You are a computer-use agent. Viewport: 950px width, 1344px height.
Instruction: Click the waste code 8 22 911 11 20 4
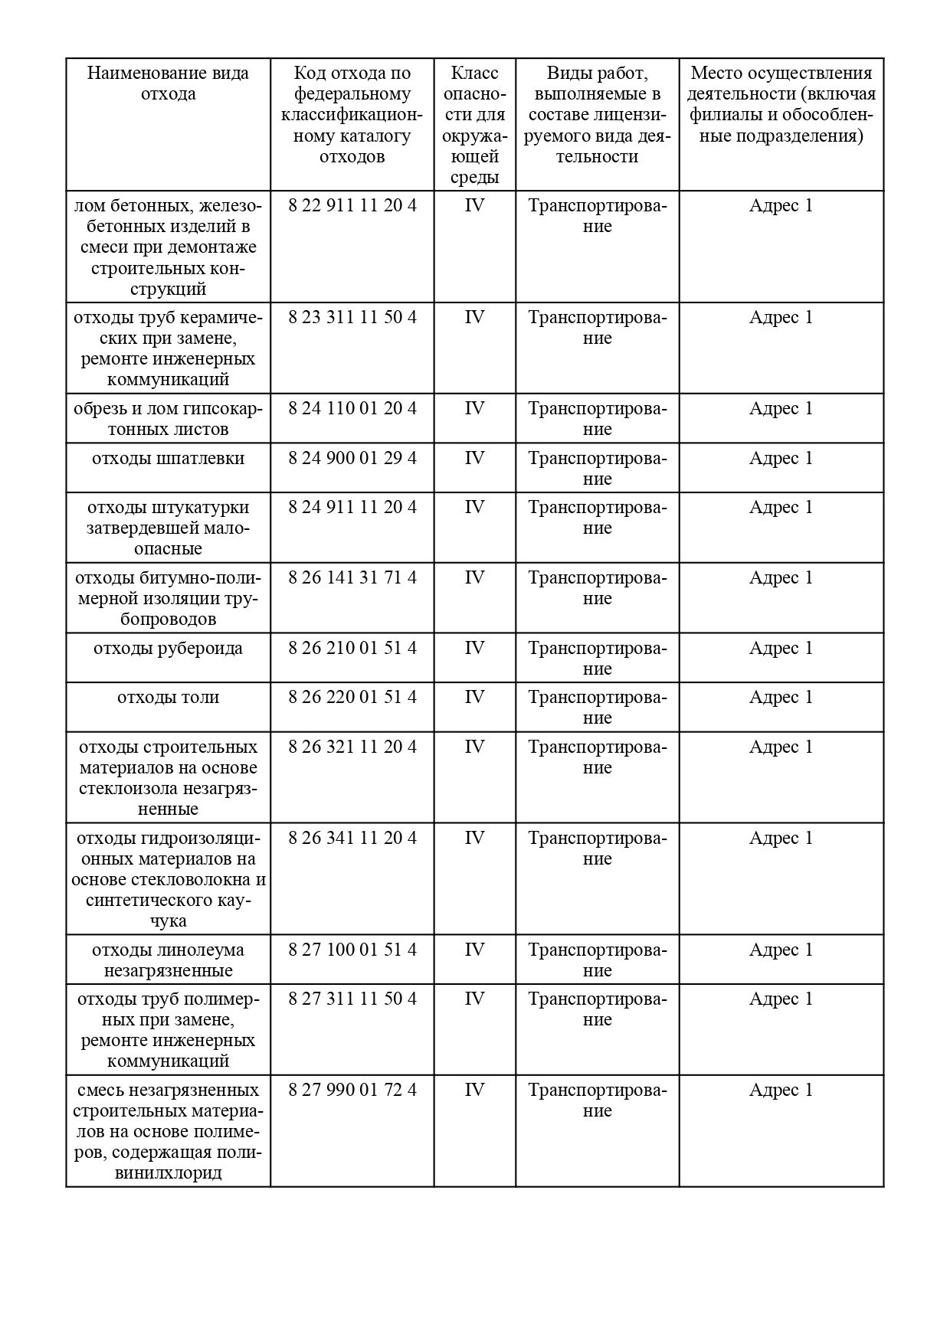tap(352, 206)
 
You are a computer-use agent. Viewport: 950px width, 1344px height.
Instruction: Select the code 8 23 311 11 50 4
tap(352, 318)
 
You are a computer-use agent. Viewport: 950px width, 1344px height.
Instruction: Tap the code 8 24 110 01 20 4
tap(352, 409)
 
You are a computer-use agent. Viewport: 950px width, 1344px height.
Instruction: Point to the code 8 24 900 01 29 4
tap(352, 459)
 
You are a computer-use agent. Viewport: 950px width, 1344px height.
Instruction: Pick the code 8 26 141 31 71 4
tap(352, 578)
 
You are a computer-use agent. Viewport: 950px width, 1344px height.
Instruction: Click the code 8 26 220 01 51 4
tap(352, 698)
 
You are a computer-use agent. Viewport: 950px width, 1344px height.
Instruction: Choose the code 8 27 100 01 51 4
tap(352, 950)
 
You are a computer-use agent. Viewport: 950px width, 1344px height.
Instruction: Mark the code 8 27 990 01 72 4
tap(352, 1091)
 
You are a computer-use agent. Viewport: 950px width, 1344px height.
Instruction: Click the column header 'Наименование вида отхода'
tap(168, 83)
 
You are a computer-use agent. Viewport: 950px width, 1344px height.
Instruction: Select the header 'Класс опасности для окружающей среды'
tap(474, 125)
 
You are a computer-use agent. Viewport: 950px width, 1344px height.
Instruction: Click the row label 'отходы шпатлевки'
tap(168, 459)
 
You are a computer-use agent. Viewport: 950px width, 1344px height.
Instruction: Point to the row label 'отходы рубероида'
tap(168, 649)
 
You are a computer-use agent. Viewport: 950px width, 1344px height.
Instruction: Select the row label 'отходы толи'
tap(168, 698)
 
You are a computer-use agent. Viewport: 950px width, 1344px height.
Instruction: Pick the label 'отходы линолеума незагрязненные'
tap(168, 960)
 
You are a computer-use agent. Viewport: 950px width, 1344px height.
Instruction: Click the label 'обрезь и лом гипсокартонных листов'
tap(168, 419)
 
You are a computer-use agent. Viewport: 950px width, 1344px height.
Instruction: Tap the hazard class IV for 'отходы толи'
tap(474, 698)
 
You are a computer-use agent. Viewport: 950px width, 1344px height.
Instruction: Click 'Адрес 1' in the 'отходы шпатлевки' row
tap(781, 459)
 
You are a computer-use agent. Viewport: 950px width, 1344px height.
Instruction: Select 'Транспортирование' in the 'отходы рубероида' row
tap(597, 659)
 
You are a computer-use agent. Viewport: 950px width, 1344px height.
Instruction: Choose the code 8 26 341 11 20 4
tap(352, 839)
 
